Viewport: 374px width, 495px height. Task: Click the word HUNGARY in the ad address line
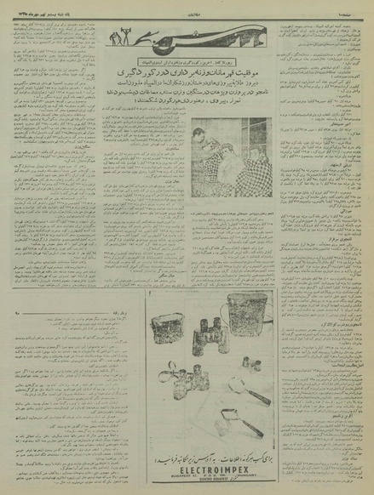point(241,475)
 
